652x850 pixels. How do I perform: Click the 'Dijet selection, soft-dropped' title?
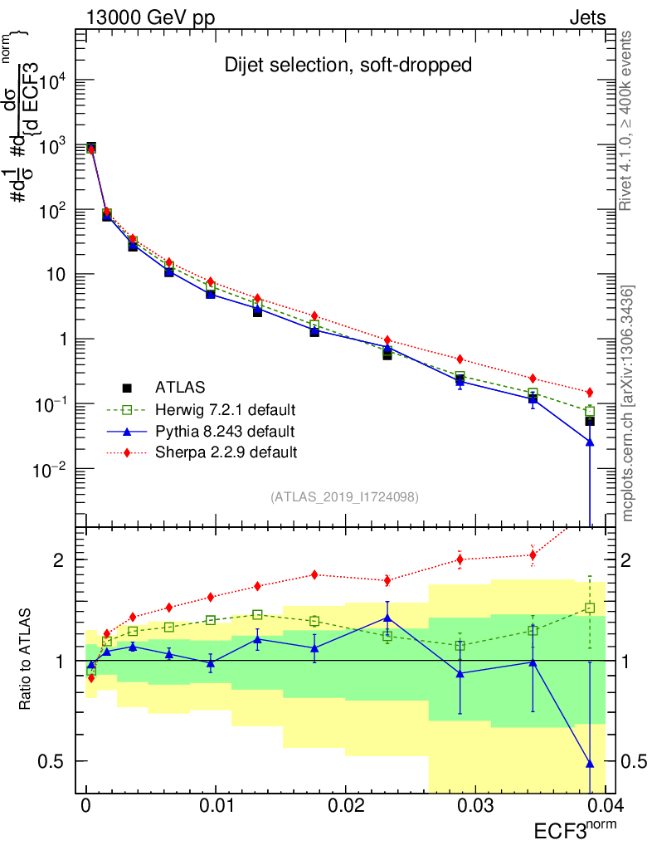(x=348, y=65)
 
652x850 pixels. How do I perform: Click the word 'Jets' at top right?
(x=586, y=17)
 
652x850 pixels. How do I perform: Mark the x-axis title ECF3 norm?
(x=572, y=830)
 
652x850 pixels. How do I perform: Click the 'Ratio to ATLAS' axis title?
(x=27, y=661)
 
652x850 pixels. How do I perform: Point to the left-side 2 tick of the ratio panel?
(x=63, y=560)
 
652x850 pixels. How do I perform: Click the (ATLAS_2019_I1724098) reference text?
(x=344, y=497)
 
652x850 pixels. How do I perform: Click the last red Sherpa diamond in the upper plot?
(x=590, y=392)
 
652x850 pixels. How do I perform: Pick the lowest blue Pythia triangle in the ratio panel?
(x=590, y=763)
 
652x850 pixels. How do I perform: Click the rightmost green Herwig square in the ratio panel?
(x=590, y=608)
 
